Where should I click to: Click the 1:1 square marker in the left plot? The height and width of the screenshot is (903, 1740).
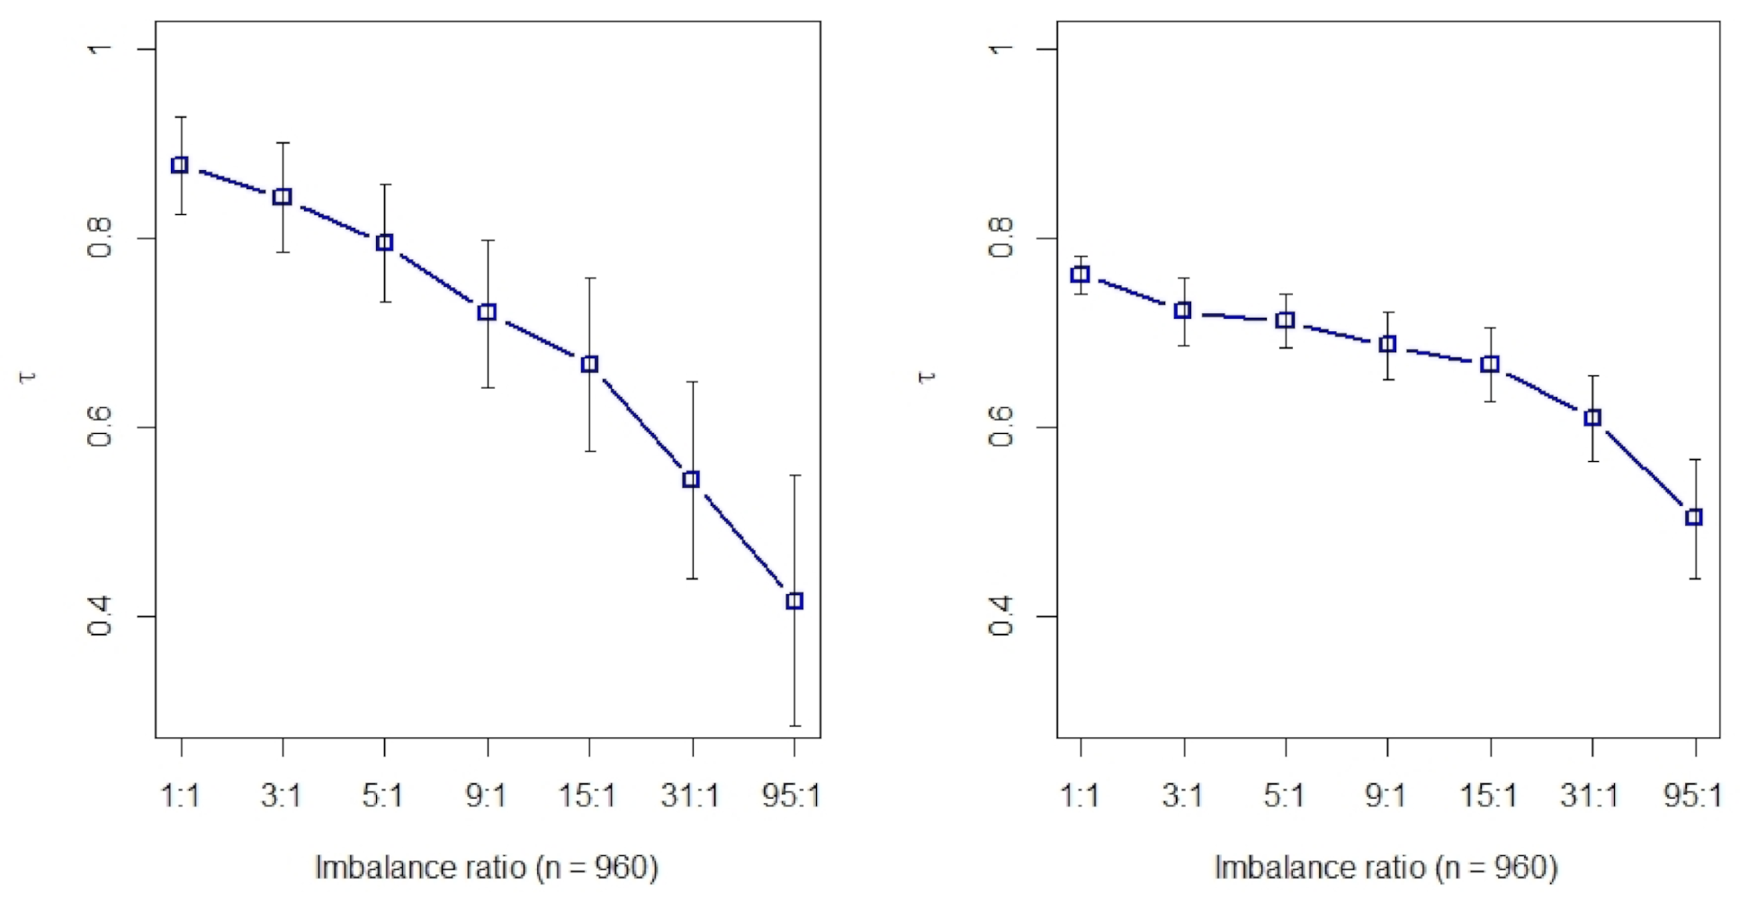pos(180,165)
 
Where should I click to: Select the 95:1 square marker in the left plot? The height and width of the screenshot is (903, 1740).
pos(794,600)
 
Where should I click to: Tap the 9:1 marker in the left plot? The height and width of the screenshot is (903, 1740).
pos(487,312)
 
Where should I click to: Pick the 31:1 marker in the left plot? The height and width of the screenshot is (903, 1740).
pos(691,479)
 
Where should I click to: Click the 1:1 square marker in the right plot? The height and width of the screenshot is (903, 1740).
pos(1081,275)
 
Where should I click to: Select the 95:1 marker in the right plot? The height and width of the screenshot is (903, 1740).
pos(1694,517)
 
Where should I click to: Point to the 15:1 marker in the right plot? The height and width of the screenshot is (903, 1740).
pos(1490,364)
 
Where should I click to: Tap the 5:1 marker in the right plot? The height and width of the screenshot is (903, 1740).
pos(1286,321)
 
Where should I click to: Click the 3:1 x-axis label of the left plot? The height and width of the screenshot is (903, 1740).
pos(281,796)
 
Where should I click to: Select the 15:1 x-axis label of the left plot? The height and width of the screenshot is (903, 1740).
pos(587,796)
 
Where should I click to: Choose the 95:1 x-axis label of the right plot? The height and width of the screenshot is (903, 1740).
pos(1692,796)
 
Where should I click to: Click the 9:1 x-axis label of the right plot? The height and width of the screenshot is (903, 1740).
pos(1386,796)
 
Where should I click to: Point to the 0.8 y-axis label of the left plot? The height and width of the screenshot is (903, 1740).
pos(100,238)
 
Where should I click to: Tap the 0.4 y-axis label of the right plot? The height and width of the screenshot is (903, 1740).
pos(1001,616)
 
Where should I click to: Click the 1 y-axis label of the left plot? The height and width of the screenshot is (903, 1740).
pos(100,48)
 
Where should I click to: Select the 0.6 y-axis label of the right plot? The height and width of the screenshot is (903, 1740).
pos(1001,427)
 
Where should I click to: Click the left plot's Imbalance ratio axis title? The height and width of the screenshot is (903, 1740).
pos(487,868)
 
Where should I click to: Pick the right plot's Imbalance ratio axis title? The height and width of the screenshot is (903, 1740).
pos(1386,868)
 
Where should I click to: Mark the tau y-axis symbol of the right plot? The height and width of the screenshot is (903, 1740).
pos(928,376)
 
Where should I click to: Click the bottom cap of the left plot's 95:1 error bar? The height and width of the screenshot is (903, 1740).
pos(794,726)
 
